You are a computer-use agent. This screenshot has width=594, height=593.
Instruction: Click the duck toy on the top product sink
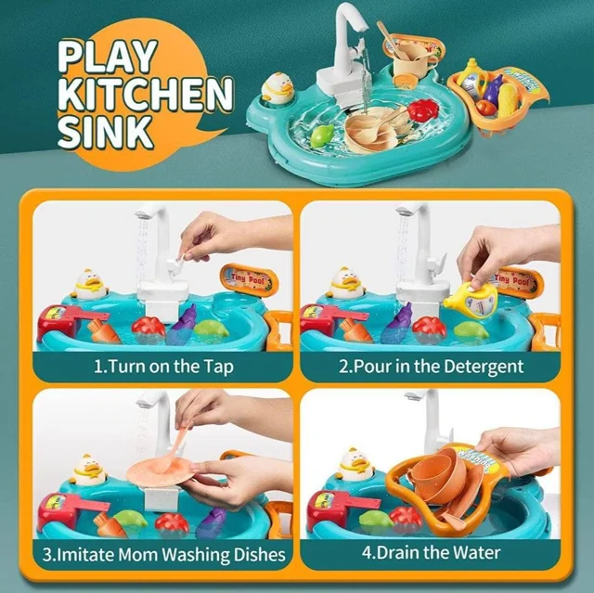[278, 87]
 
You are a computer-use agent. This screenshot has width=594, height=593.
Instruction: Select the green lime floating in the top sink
[321, 135]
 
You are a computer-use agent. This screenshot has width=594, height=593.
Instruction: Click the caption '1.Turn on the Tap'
[163, 367]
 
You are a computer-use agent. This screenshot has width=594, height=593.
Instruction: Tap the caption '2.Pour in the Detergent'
[431, 367]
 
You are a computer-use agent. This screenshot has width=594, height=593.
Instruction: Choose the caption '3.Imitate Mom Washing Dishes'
[163, 554]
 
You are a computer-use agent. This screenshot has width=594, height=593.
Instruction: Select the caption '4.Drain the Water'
[431, 553]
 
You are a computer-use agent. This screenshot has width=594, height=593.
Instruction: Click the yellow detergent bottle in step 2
[471, 298]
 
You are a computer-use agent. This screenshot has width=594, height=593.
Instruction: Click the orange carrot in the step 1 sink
[102, 330]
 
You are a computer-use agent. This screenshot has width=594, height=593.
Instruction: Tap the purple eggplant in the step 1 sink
[182, 324]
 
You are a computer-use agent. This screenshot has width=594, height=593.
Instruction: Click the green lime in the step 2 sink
[471, 331]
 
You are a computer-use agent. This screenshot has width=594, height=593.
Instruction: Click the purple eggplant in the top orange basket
[492, 91]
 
